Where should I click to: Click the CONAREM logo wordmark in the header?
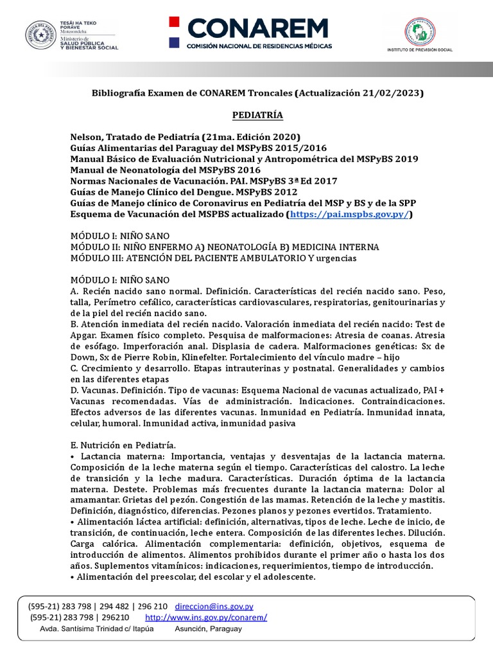[x=257, y=28]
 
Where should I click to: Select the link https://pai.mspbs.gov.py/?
[x=349, y=214]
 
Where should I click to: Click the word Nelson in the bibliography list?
[x=87, y=137]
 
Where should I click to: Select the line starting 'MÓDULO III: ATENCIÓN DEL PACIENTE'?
[x=212, y=258]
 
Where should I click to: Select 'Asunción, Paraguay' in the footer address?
[x=208, y=628]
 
